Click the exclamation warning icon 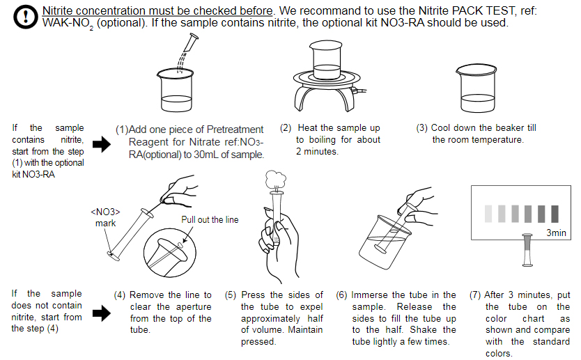pyautogui.click(x=26, y=17)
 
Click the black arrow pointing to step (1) pyautogui.click(x=102, y=145)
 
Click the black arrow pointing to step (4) pyautogui.click(x=102, y=313)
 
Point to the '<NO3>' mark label pyautogui.click(x=105, y=212)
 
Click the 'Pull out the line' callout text pyautogui.click(x=210, y=220)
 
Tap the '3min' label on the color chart pyautogui.click(x=556, y=233)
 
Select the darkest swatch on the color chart pyautogui.click(x=555, y=212)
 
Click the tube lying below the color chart pyautogui.click(x=527, y=249)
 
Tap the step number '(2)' pyautogui.click(x=286, y=128)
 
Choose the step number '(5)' pyautogui.click(x=231, y=295)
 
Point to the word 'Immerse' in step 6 pyautogui.click(x=369, y=295)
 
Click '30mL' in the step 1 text pyautogui.click(x=203, y=155)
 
